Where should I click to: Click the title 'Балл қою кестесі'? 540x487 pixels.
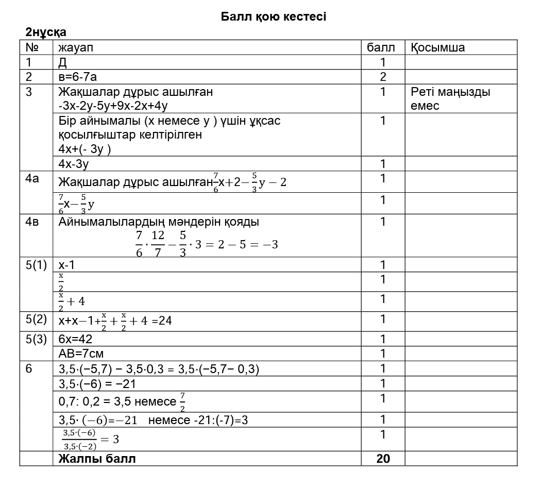273,16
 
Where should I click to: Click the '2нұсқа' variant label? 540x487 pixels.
46,32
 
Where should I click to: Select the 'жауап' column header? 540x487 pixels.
76,48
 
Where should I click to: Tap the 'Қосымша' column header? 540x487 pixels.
437,48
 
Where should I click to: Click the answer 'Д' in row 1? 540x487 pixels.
63,62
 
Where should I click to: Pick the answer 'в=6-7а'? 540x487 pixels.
78,77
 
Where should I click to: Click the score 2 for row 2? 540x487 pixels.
383,77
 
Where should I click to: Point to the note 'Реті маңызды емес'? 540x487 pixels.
450,99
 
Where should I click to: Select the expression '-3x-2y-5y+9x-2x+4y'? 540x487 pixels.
113,106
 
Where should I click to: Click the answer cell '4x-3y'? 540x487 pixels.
74,164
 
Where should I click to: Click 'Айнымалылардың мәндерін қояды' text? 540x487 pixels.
159,222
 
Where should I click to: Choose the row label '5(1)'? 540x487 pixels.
36,265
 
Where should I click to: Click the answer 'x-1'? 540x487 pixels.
66,265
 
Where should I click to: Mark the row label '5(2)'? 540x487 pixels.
36,319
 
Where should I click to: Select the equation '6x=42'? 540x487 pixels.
75,340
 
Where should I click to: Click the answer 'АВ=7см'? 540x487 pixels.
81,354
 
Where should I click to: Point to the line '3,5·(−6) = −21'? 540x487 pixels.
97,384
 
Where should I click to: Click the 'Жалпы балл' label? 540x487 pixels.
97,459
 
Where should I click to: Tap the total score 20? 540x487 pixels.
383,459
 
